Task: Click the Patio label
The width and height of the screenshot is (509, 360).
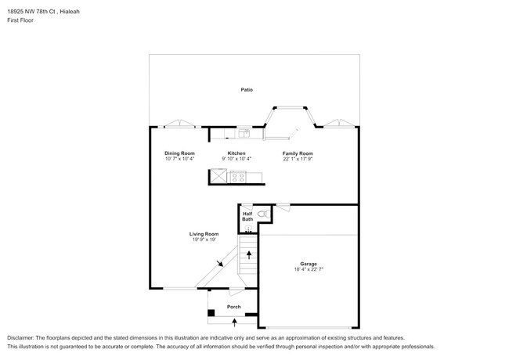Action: pyautogui.click(x=246, y=90)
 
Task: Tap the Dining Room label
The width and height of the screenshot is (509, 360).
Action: pyautogui.click(x=179, y=153)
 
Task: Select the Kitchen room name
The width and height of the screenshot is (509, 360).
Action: pyautogui.click(x=236, y=153)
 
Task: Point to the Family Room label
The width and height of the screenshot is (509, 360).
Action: pyautogui.click(x=298, y=153)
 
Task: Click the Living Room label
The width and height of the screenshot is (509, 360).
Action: pyautogui.click(x=204, y=234)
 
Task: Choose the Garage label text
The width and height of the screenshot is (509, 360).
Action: pyautogui.click(x=309, y=264)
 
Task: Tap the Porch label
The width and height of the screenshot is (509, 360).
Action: pyautogui.click(x=233, y=307)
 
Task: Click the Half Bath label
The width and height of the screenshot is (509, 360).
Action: pyautogui.click(x=247, y=216)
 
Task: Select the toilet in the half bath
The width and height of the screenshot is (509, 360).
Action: pyautogui.click(x=262, y=213)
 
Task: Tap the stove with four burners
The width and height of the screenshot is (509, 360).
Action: pyautogui.click(x=238, y=177)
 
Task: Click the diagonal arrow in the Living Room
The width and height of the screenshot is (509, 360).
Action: pyautogui.click(x=219, y=265)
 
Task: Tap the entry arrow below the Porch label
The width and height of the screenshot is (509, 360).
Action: pyautogui.click(x=233, y=321)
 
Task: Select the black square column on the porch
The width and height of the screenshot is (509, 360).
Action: pyautogui.click(x=211, y=314)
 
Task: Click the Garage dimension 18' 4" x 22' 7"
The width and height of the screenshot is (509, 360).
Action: pyautogui.click(x=309, y=269)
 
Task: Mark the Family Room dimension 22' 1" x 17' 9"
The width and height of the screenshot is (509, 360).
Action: pyautogui.click(x=298, y=159)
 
